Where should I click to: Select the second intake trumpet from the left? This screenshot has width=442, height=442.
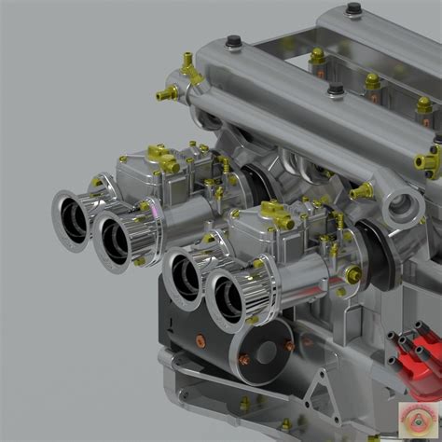pos(115,240)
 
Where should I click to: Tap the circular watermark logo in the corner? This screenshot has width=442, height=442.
pos(416,417)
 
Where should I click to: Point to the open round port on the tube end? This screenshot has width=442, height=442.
pos(403,206)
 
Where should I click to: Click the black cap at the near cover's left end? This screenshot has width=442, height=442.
pos(233,41)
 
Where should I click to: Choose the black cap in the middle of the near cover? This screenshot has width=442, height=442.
pos(335,90)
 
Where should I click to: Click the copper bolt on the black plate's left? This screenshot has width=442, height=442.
pos(244,359)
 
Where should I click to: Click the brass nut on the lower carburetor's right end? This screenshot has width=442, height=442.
pos(352,274)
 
